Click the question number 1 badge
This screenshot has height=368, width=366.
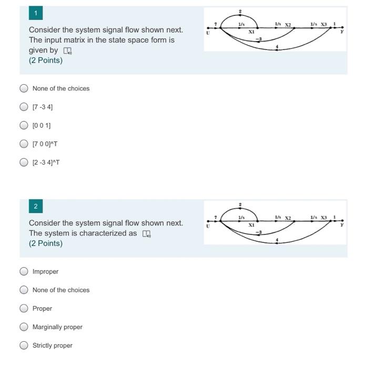tap(36, 13)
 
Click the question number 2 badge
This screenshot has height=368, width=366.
tap(36, 206)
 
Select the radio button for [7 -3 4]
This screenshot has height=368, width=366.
tap(24, 107)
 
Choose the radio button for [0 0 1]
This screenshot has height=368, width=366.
tap(24, 125)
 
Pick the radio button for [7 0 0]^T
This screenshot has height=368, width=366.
tap(24, 144)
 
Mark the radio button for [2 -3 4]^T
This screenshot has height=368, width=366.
tap(24, 162)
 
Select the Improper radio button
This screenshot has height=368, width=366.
tap(24, 271)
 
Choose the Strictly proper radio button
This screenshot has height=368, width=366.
tap(24, 345)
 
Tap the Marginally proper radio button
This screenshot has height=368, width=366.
tap(24, 327)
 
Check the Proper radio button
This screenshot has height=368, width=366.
tap(24, 309)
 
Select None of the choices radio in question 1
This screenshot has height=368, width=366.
tap(24, 88)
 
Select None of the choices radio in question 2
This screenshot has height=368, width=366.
tap(24, 290)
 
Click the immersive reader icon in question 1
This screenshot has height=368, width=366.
tap(67, 51)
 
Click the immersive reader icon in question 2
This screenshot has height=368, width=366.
tap(146, 234)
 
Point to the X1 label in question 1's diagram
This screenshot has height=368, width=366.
tap(252, 32)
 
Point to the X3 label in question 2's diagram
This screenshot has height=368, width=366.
tap(324, 217)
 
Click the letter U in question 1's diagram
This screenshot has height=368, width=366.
tap(208, 33)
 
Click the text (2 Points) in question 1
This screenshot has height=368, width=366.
tap(46, 60)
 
